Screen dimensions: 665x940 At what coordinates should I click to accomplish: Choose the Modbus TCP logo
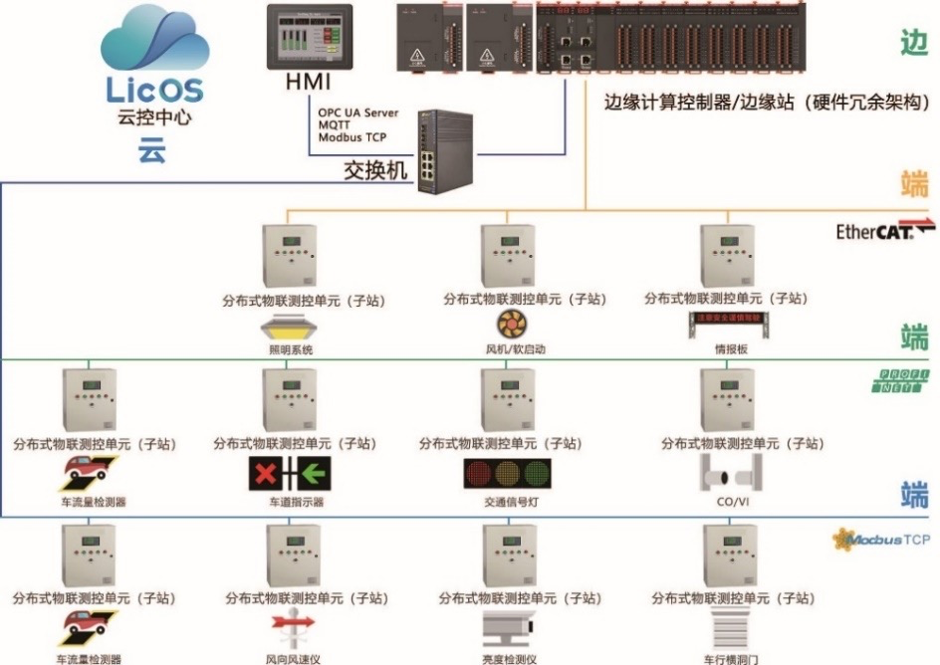coord(882,540)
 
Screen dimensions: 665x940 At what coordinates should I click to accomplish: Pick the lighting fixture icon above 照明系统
coord(288,329)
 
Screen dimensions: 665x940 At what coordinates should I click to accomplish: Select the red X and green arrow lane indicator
coord(289,474)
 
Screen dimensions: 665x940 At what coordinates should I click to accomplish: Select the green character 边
coord(913,43)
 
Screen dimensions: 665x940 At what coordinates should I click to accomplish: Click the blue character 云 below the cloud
coord(152,152)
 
